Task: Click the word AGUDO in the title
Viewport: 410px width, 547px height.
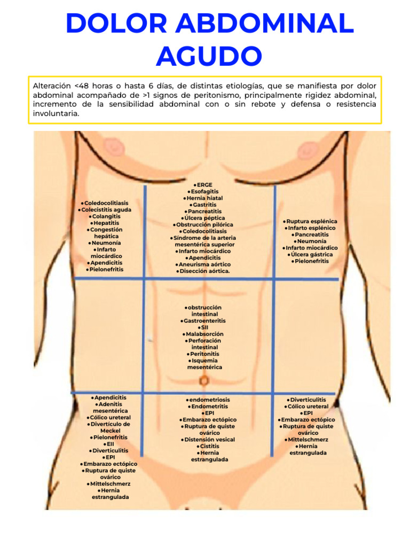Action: coord(209,56)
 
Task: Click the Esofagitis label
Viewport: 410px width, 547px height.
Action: coord(204,191)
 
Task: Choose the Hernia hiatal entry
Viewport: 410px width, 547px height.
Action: coord(204,198)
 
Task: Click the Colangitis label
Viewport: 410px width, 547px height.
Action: coord(106,216)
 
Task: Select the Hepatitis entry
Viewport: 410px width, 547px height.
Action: coord(106,223)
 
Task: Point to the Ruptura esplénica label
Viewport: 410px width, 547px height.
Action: coord(311,221)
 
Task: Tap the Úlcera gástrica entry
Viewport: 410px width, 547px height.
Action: coord(311,254)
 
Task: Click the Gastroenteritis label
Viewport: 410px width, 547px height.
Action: coord(204,321)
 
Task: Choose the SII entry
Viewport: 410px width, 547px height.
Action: coord(204,327)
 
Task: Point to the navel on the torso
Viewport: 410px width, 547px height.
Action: coord(204,380)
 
